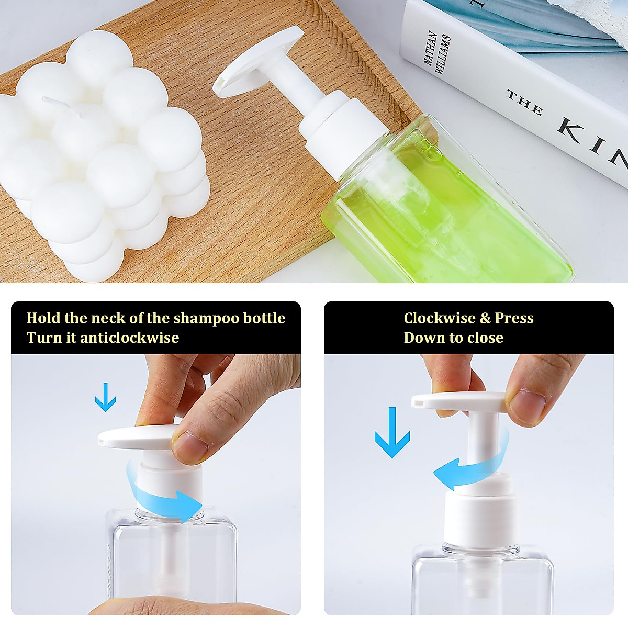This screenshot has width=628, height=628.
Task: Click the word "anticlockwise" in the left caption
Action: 129,338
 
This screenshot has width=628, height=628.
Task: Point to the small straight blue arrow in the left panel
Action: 105,397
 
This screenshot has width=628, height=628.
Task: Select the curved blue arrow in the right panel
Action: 471,463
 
